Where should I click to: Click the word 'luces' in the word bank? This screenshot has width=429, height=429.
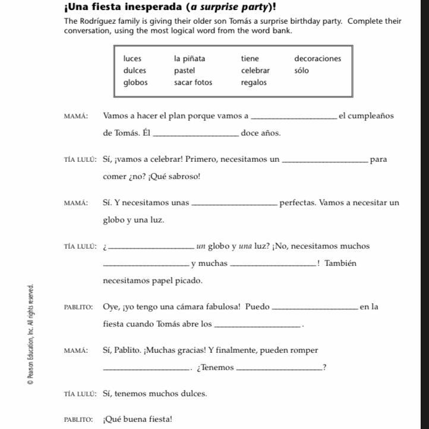click(133, 59)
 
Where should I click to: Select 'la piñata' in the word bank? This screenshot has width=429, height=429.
click(190, 59)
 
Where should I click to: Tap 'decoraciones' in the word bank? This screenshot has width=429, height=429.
click(317, 59)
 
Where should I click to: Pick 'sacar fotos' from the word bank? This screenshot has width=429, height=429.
click(193, 83)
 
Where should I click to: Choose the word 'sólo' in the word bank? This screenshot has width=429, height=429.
click(301, 71)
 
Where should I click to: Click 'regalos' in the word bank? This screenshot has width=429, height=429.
click(254, 83)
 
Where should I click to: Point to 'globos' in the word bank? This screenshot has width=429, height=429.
click(135, 83)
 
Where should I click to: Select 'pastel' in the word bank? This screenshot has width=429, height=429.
click(184, 71)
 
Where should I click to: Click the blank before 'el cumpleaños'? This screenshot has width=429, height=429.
click(294, 117)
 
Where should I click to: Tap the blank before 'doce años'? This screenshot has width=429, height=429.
click(196, 134)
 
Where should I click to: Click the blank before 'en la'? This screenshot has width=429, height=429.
click(314, 308)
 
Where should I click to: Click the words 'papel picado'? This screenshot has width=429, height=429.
click(181, 281)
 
